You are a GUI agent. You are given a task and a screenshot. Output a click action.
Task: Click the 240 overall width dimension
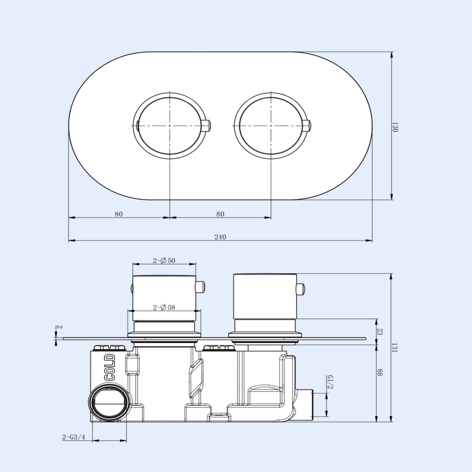[220, 237]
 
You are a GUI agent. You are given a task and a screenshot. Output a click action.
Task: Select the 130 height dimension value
[396, 127]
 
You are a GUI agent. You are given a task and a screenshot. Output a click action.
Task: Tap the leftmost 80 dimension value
[119, 214]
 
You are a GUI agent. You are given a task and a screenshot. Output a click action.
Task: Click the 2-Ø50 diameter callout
[164, 260]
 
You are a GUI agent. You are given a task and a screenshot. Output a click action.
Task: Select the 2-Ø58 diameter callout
[164, 307]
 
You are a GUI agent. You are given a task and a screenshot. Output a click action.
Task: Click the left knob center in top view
[170, 126]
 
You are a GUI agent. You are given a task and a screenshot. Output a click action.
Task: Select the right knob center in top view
[271, 126]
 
